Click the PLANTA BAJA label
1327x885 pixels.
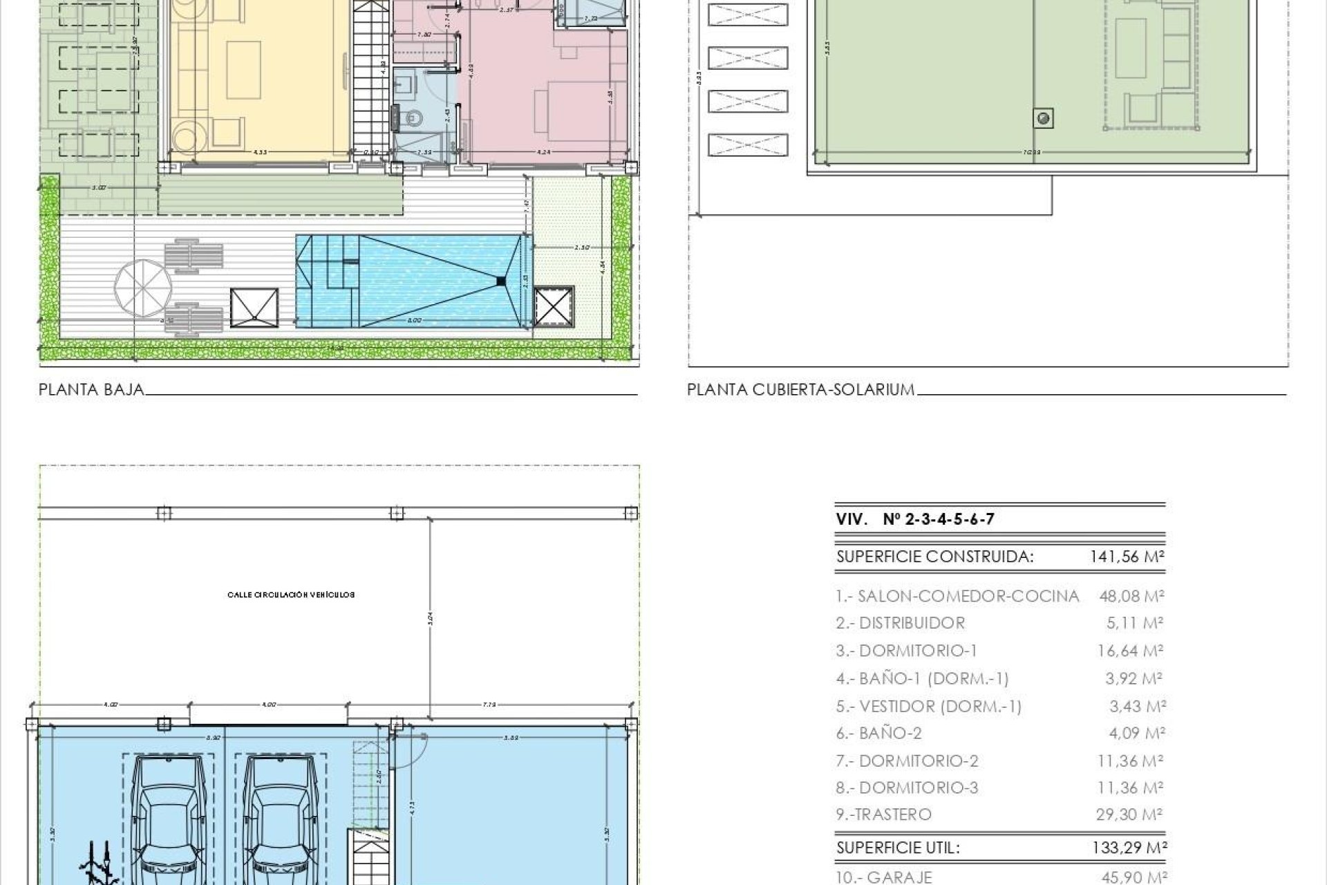click(91, 390)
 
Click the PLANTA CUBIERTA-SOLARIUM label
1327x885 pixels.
click(800, 390)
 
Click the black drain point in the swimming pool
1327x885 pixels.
click(500, 280)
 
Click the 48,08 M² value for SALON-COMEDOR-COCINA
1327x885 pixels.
click(1131, 596)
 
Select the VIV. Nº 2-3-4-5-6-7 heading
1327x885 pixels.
click(915, 520)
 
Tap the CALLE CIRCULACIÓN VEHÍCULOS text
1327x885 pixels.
click(290, 595)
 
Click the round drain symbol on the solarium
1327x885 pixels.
click(1044, 118)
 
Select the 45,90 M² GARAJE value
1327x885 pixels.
click(1133, 877)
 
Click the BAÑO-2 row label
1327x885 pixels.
click(878, 733)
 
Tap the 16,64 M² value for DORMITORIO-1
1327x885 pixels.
click(1130, 651)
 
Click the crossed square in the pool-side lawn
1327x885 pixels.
click(554, 306)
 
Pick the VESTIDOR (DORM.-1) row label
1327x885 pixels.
click(928, 707)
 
